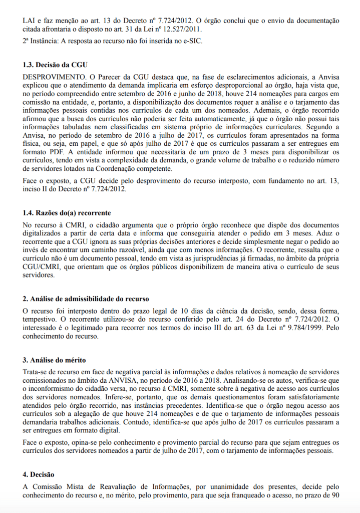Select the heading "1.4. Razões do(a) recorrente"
click(67, 213)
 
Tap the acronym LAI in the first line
click(30, 21)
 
